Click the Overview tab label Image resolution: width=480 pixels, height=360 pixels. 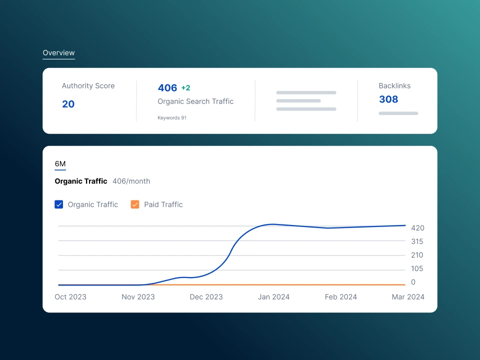pos(58,53)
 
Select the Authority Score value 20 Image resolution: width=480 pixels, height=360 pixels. pos(68,104)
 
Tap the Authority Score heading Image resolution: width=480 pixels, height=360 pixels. pos(88,86)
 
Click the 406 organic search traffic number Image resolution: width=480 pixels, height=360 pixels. pos(167,88)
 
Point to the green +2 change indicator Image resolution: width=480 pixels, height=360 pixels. pos(185,88)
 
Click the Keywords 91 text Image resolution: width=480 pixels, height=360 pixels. pos(172,118)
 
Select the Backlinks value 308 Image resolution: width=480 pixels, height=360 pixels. pos(388,99)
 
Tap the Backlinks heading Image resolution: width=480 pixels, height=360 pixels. pos(394,86)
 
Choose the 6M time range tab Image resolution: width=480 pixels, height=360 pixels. pos(60,164)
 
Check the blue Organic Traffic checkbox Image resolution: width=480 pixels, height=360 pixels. pos(59,204)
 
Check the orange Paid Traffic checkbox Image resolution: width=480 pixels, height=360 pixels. pos(135,204)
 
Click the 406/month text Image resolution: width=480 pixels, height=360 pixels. pos(131,181)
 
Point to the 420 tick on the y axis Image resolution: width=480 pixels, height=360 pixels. pos(417,228)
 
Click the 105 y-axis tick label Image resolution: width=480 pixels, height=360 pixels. pos(417,268)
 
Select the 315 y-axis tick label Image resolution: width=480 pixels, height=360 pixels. pos(417,241)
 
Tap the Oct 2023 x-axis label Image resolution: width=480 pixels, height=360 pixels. pos(70,297)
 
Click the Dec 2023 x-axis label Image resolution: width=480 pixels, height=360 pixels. pos(206,297)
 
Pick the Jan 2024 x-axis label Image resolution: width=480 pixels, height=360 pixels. pos(274,297)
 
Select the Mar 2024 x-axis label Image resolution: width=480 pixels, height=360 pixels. pos(408,297)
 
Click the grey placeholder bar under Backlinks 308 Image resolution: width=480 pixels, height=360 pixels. pos(398,113)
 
